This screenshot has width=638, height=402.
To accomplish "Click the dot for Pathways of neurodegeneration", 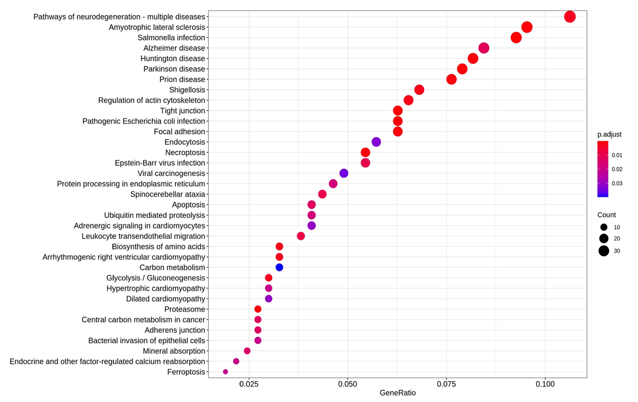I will tap(570, 17).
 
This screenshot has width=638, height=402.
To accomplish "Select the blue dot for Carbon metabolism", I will tap(279, 267).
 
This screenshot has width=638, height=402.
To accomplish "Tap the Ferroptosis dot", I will tap(225, 372).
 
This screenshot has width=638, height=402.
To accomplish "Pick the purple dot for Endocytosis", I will tap(376, 142).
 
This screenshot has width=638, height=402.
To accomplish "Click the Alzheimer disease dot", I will tap(483, 48).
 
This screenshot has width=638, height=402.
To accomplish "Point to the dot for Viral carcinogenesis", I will tap(344, 173).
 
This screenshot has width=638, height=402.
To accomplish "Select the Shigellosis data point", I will tap(419, 90).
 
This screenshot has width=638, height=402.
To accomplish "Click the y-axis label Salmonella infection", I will tap(171, 38).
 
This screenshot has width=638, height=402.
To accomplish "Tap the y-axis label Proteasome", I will tap(185, 309).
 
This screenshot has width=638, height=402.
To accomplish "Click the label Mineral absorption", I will tap(174, 351).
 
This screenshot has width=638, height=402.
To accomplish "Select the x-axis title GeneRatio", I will tap(398, 393).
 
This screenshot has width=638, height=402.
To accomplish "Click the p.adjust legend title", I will tap(609, 134).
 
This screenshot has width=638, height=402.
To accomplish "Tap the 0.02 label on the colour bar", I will tap(616, 169).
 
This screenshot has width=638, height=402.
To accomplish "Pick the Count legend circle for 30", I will tap(604, 250).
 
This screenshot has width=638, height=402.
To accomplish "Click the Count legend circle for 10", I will tap(604, 227).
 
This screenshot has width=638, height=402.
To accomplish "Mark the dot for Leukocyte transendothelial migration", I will tap(301, 236).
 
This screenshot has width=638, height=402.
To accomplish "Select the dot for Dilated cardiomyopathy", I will tap(269, 298).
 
